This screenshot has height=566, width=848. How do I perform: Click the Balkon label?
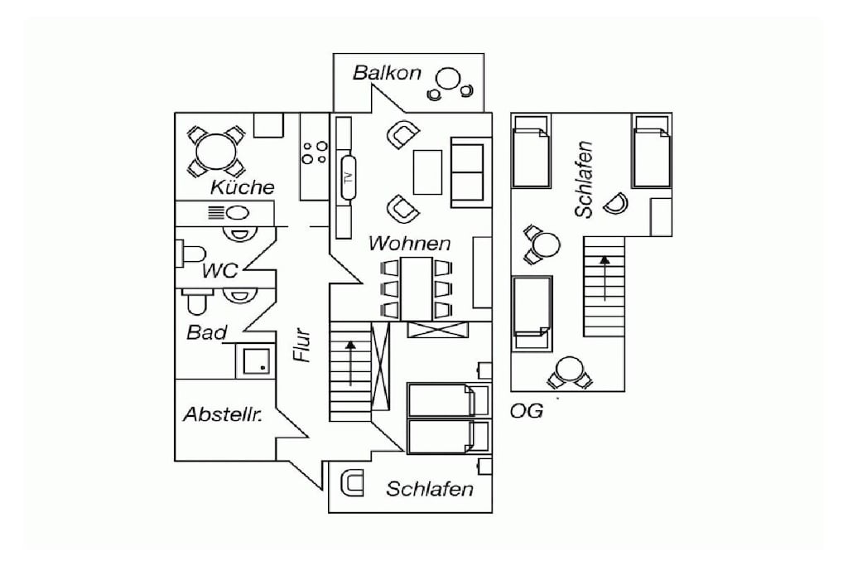point(387,72)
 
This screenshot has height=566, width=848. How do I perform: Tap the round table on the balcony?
point(448,79)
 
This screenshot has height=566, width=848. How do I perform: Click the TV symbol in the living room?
point(349,177)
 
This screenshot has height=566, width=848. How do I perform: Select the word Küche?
point(243,187)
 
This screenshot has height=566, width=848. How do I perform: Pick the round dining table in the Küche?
point(216,152)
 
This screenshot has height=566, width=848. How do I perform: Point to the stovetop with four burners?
point(314,152)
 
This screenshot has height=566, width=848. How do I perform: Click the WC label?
point(219,270)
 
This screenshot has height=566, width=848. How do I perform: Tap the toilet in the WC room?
point(191,254)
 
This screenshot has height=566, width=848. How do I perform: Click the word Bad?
point(206,331)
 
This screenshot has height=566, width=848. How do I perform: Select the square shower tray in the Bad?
point(256,361)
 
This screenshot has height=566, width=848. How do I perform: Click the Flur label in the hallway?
point(301,345)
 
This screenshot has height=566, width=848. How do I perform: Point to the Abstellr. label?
point(223,415)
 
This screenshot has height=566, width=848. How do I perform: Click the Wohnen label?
point(409,244)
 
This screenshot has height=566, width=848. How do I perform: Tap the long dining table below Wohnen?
point(417,288)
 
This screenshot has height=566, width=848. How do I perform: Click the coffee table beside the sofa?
point(427,172)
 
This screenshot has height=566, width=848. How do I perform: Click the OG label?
point(526,411)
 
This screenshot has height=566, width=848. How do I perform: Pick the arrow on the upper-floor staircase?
point(605,278)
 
